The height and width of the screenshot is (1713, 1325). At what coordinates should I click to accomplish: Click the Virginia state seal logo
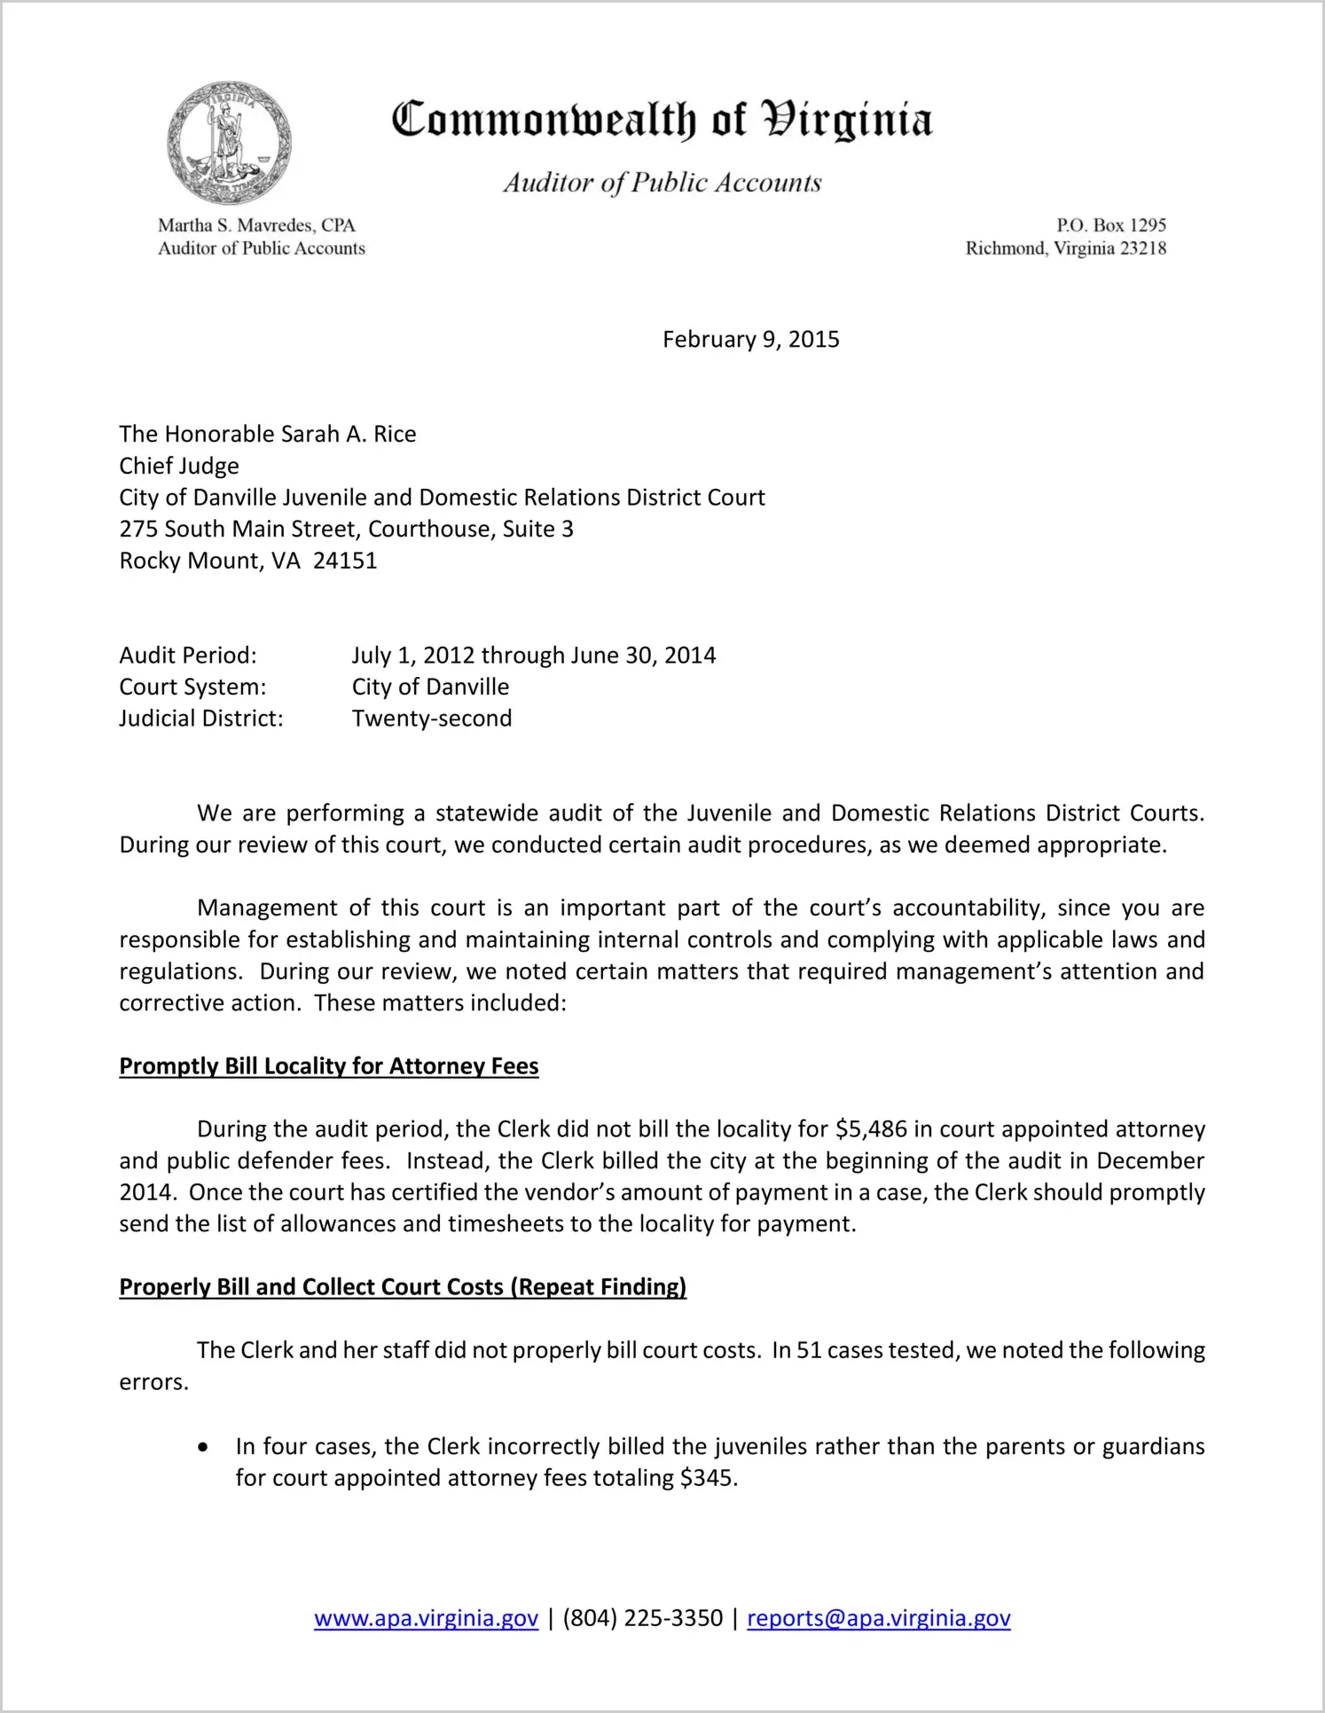click(229, 143)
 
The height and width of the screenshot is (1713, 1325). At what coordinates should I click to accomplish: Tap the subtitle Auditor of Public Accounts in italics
click(662, 183)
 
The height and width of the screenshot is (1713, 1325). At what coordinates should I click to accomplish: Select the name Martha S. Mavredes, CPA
click(256, 225)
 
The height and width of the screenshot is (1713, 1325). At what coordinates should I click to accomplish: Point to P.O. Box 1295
click(1110, 225)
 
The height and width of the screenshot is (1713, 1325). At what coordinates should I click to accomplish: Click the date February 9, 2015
click(750, 340)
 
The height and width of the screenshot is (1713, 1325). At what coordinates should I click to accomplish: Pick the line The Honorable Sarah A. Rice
click(267, 434)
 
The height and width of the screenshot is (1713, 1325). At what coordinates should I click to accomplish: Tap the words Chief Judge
click(179, 466)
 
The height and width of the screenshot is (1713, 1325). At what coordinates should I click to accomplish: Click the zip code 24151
click(345, 561)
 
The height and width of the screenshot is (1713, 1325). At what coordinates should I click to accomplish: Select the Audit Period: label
click(188, 656)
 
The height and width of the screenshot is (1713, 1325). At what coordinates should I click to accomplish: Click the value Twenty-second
click(432, 719)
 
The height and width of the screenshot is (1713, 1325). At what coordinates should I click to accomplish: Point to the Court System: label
click(192, 687)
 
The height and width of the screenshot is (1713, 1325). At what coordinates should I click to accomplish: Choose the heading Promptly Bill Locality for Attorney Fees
click(329, 1066)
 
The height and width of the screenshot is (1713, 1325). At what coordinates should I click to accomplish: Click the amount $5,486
click(871, 1129)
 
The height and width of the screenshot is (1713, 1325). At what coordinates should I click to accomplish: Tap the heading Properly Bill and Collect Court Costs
click(403, 1287)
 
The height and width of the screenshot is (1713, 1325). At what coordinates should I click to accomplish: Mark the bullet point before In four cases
click(204, 1448)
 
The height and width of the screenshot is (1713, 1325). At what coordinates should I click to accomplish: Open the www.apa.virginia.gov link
click(426, 1618)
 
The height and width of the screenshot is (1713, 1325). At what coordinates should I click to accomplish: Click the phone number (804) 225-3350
click(642, 1618)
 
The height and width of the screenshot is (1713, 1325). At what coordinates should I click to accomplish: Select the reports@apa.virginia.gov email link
click(878, 1618)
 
